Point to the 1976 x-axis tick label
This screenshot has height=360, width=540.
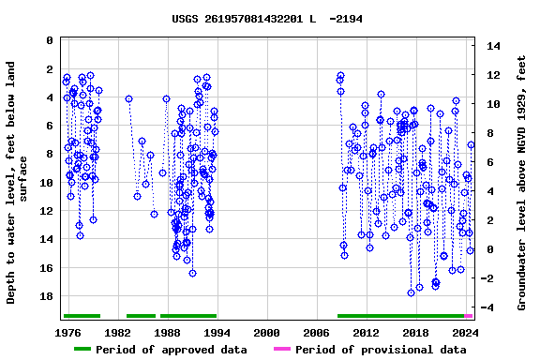coord(68,333)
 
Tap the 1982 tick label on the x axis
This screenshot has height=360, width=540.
coord(118,333)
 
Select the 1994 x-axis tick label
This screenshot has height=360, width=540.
coord(217,333)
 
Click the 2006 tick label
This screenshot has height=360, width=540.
coord(317,333)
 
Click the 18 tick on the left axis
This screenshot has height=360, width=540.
coord(47,296)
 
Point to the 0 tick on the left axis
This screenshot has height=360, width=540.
coord(50,41)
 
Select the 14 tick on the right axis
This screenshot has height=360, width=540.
coord(494,46)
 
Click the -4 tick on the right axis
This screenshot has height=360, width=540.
coord(494,307)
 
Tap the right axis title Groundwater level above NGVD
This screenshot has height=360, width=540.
coord(522,183)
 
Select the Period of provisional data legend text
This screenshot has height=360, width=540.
coord(381,350)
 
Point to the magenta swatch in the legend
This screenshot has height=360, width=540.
coord(282,350)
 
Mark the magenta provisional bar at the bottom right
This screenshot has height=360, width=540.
coord(469,316)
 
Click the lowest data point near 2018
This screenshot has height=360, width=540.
coord(411,292)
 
